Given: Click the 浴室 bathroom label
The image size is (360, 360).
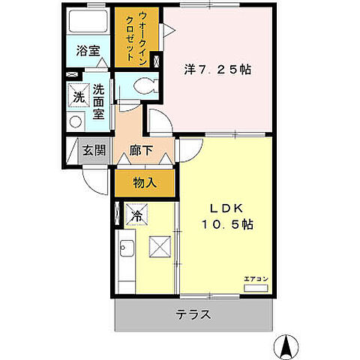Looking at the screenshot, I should (x=88, y=51).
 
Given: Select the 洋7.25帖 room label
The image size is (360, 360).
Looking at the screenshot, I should (x=217, y=70).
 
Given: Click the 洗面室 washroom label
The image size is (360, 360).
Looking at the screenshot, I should (x=98, y=102).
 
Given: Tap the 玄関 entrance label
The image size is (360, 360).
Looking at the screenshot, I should (x=94, y=150).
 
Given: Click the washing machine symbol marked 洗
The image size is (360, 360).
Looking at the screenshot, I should (x=78, y=96).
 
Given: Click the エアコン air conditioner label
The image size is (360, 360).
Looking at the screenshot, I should (x=254, y=279).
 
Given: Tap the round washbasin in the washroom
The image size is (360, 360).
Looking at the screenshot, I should (x=74, y=121).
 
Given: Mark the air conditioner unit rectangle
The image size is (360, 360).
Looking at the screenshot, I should (x=256, y=288).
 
